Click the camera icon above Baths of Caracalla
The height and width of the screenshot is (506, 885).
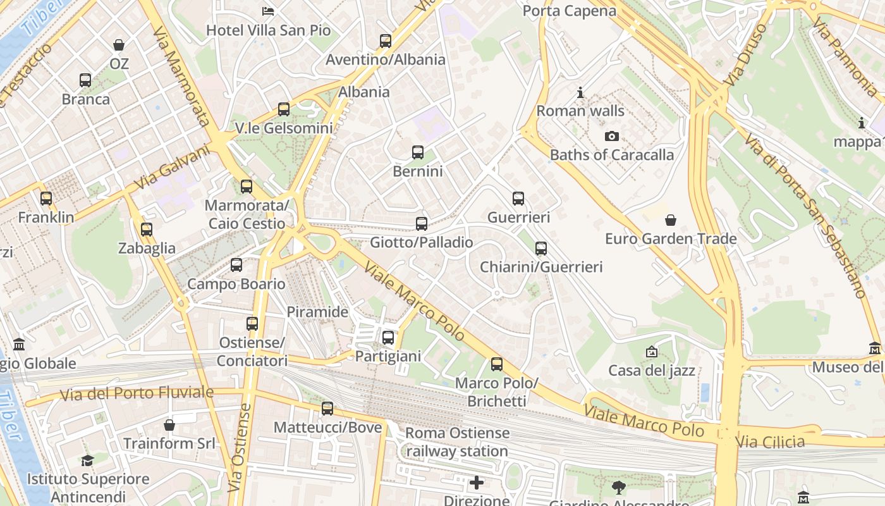611,136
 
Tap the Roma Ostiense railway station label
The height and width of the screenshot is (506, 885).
457,442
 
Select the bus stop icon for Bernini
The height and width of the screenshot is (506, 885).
418,152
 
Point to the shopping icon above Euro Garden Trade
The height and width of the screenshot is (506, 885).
671,220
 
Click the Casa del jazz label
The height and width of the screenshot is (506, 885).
652,370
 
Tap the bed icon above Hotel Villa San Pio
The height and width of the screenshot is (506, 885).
268,11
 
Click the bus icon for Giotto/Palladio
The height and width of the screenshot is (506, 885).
422,224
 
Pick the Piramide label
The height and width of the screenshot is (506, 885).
317,312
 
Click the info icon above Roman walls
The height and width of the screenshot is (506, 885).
580,93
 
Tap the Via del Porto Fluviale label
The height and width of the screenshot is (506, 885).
137,393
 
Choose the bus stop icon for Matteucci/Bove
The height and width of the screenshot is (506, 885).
327,409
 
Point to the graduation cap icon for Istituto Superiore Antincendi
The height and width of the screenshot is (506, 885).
87,460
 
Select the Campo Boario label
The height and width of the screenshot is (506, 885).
236,284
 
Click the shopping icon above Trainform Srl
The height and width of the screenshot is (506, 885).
169,425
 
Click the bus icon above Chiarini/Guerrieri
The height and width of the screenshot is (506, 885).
541,249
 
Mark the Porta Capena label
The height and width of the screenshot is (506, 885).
569,11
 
